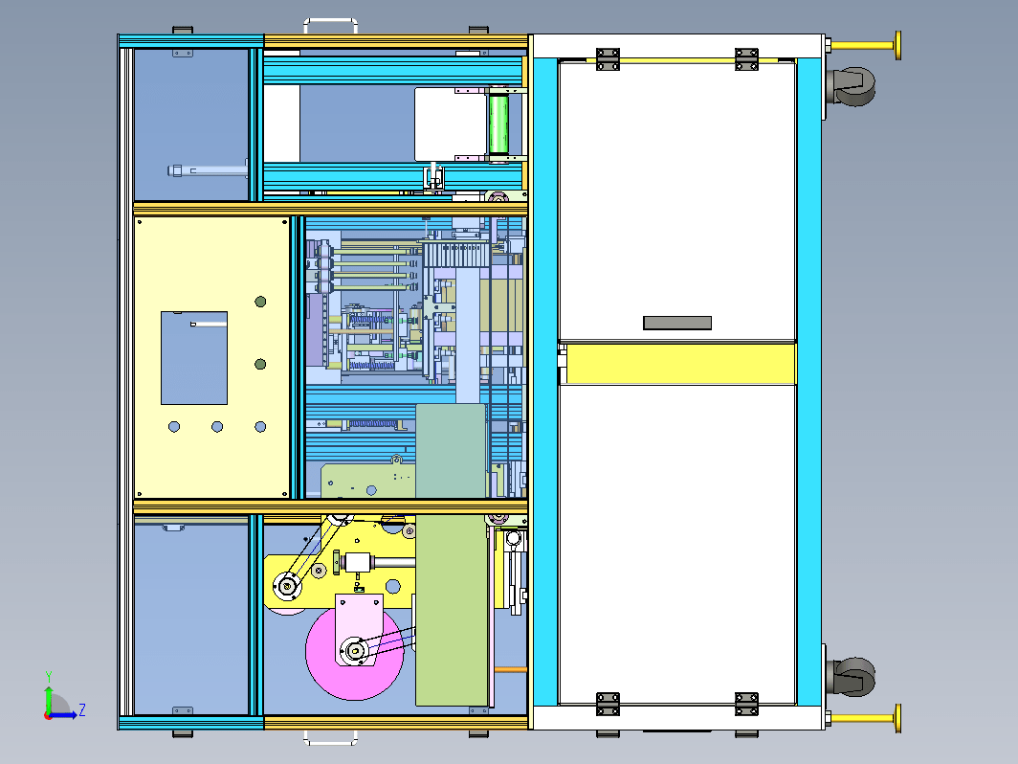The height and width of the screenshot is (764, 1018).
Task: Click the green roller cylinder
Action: pos(498,124)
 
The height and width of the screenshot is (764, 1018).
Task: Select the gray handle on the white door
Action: pos(677,323)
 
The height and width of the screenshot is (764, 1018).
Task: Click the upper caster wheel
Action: pos(852,86)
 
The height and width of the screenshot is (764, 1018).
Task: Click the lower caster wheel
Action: pos(852,676)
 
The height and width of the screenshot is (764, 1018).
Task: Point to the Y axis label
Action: pos(48,676)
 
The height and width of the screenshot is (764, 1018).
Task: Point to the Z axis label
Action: pos(82,709)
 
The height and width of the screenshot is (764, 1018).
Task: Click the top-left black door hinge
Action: pos(608,58)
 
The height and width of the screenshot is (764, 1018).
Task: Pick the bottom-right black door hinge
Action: pos(746,705)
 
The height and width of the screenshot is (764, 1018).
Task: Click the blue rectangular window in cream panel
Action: pos(194,358)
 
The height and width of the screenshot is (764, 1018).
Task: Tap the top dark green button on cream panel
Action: pos(260,302)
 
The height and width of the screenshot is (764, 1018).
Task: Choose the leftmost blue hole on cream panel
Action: pos(174,427)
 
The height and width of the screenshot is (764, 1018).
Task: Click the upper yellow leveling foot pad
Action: pos(897,46)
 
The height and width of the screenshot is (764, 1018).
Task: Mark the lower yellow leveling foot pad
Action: pos(897,718)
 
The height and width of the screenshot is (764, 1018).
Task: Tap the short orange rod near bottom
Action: pos(510,669)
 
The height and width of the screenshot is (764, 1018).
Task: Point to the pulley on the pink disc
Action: pos(355,650)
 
